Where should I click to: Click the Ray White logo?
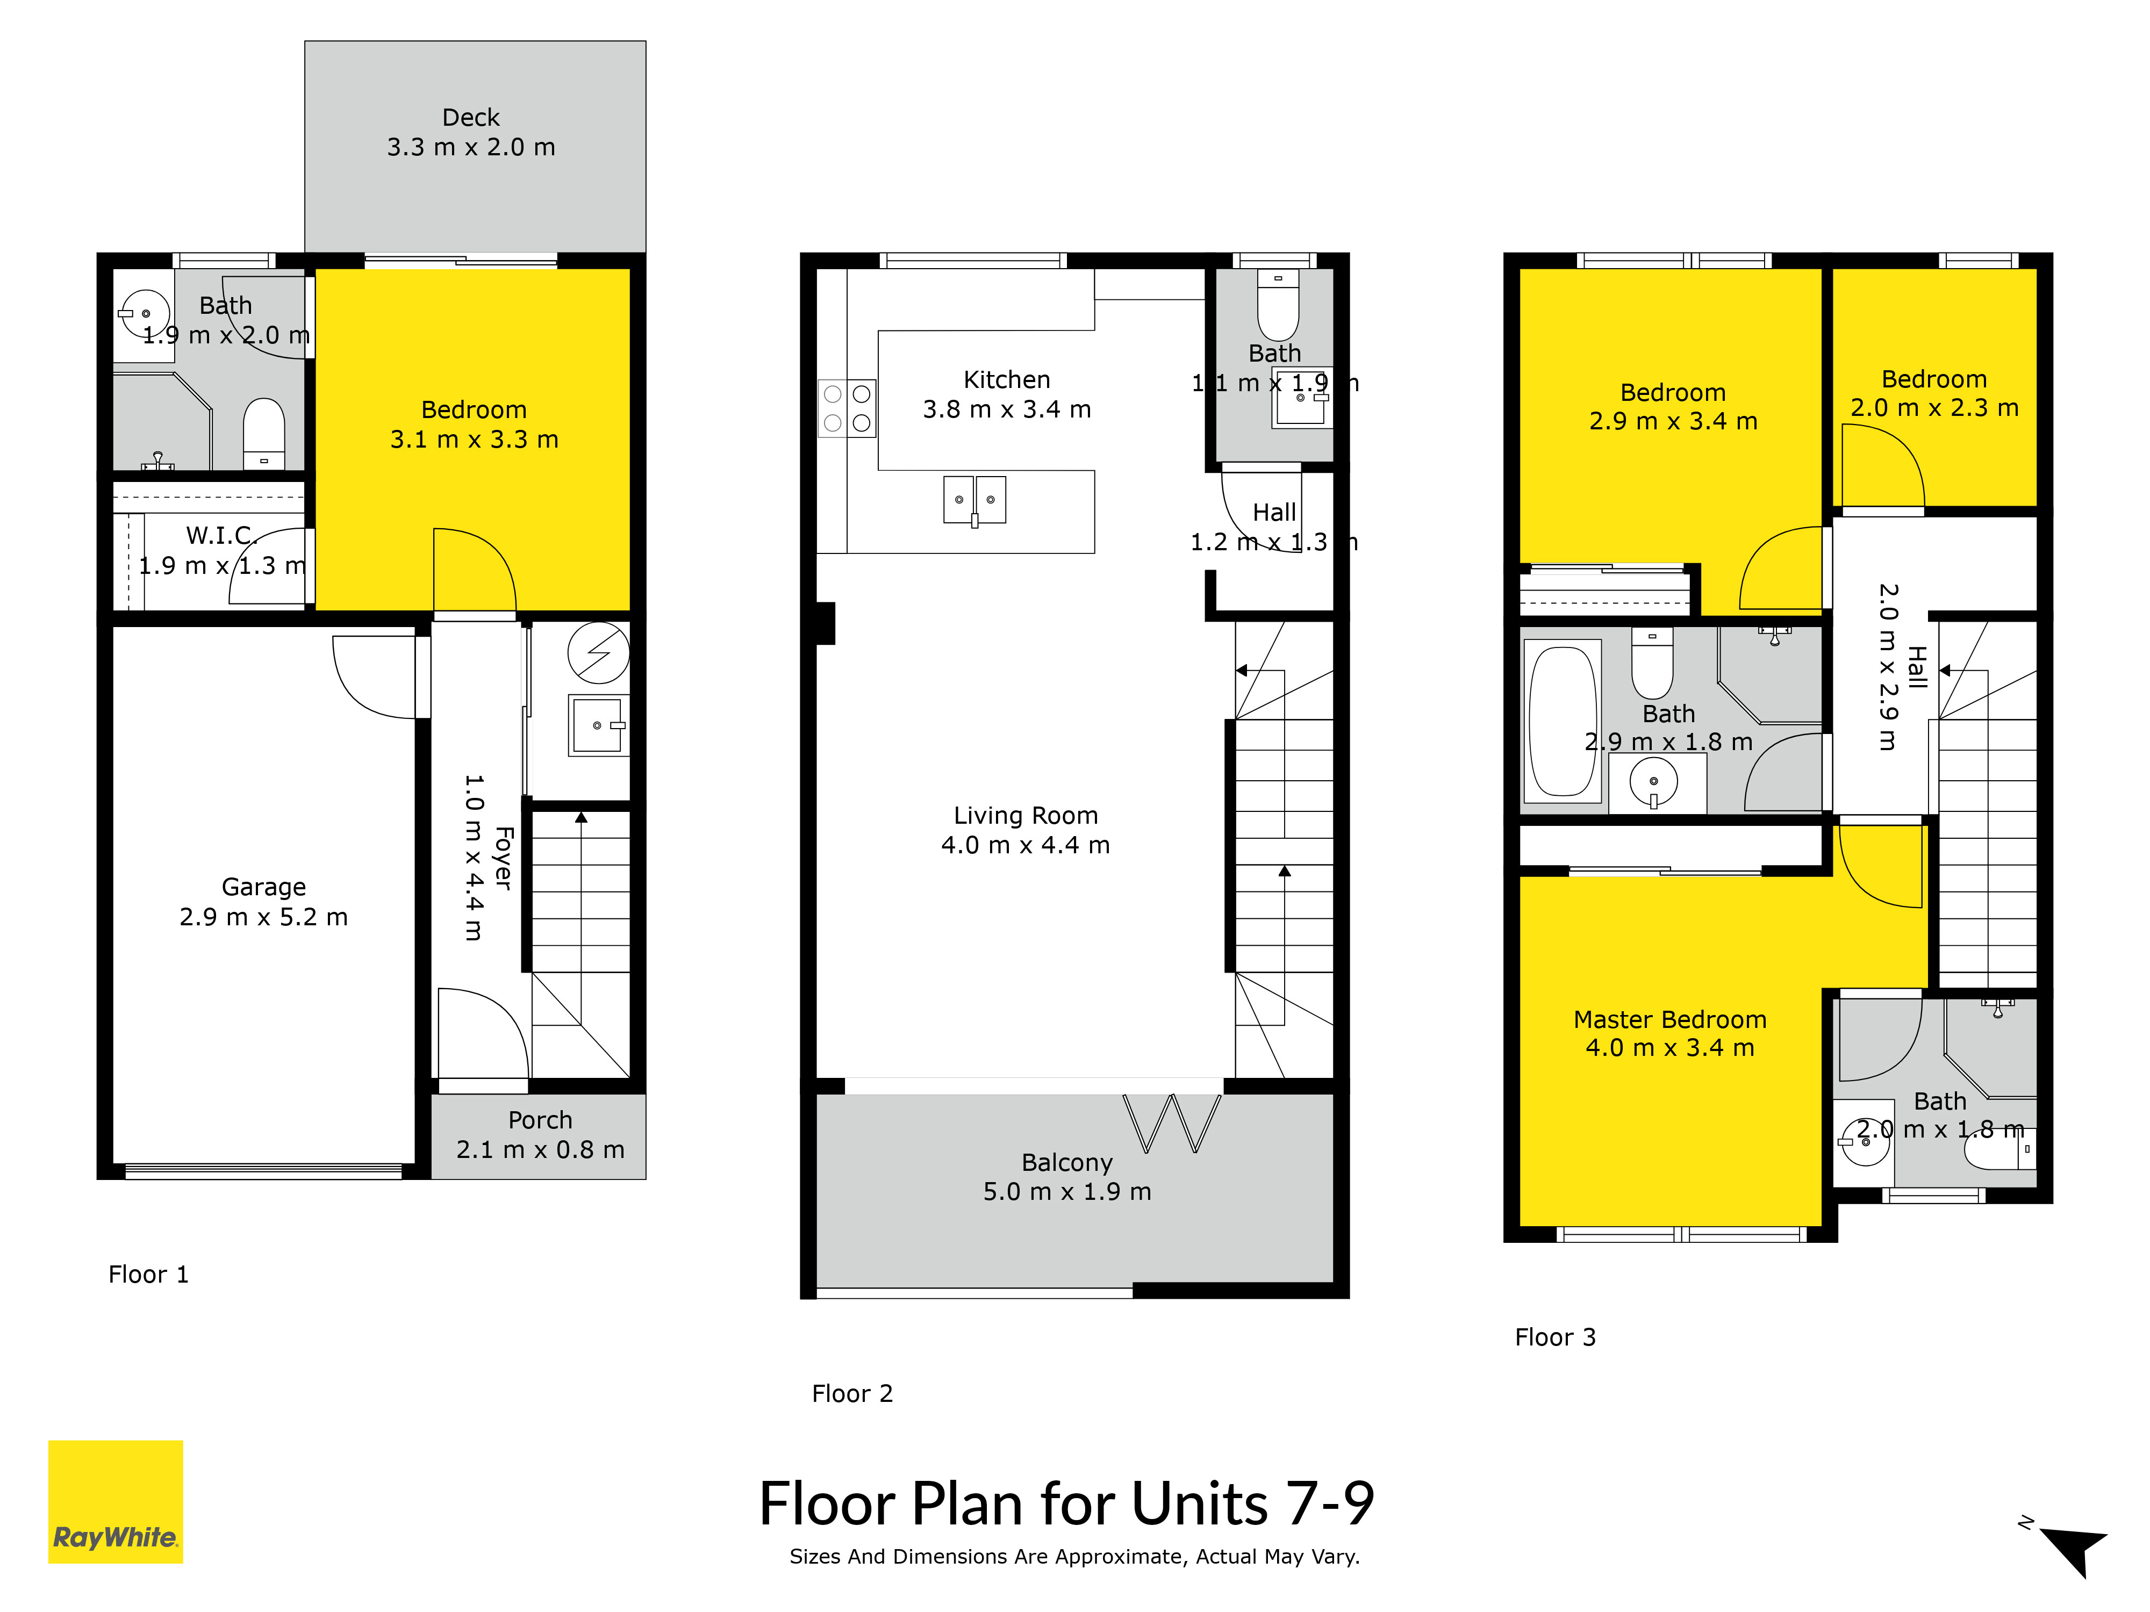click(116, 1501)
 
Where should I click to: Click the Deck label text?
click(471, 118)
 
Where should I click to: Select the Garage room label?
click(263, 887)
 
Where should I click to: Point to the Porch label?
click(540, 1120)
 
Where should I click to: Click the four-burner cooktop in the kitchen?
click(847, 408)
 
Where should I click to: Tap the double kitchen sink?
click(975, 500)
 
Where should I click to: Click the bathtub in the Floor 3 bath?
click(1563, 721)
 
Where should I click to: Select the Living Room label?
click(1026, 815)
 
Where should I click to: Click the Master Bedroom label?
click(1670, 1019)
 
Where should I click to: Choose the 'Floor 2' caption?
click(852, 1393)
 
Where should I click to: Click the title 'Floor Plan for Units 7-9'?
click(1066, 1504)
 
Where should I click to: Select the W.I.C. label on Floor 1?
click(221, 535)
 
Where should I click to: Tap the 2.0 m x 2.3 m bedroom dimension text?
click(1934, 408)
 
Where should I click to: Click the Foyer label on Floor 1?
click(504, 858)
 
